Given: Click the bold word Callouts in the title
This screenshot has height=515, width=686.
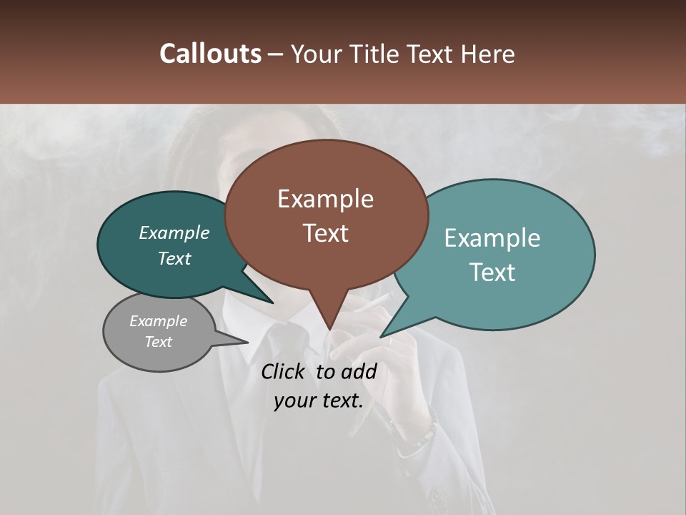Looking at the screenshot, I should pos(210,54).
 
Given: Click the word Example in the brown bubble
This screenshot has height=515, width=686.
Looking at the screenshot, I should pos(325,199).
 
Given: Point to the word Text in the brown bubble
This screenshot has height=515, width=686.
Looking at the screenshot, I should pos(325,232).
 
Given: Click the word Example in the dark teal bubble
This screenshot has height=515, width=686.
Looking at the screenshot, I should pos(174,232).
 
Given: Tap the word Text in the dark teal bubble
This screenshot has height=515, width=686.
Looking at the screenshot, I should pos(174,258).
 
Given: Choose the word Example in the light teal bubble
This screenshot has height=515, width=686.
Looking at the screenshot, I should pos(492,238).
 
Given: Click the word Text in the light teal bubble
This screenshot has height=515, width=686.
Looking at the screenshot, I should pos(492,272).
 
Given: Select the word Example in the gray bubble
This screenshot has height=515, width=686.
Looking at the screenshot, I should pos(158,321).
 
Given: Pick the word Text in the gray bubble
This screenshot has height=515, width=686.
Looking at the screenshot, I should pos(158,342).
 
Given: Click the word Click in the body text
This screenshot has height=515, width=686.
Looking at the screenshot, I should pos(284,371).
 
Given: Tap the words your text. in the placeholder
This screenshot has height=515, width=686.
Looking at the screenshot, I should pos(318,401).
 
